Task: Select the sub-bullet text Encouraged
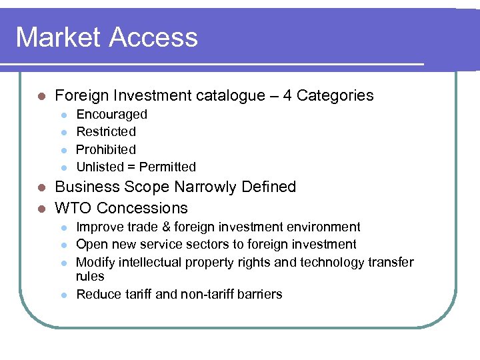point(112,115)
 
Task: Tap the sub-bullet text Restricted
point(106,132)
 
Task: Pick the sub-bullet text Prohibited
point(106,149)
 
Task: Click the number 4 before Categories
point(287,95)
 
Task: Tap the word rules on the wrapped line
point(90,276)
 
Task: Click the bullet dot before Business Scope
point(41,187)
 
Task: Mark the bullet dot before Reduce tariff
point(63,295)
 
